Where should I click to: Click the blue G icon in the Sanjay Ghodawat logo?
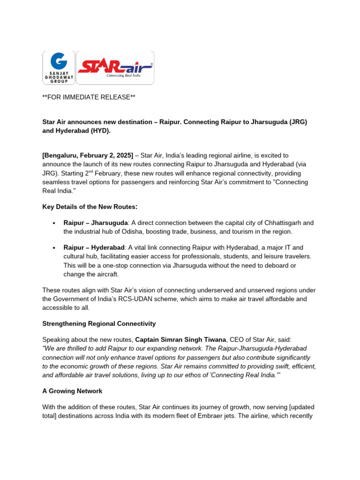[59, 62]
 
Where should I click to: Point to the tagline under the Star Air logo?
[124, 75]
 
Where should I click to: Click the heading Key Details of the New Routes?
[90, 207]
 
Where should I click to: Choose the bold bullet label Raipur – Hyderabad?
[94, 247]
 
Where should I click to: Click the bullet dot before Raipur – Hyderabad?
[54, 247]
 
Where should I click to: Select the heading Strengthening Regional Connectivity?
[99, 324]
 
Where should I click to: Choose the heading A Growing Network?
[72, 391]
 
